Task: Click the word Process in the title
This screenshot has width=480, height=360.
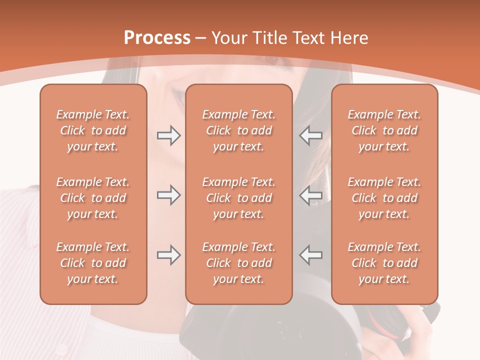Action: [157, 38]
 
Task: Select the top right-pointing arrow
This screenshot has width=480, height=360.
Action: [168, 135]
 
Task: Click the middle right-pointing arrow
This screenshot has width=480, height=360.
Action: [168, 195]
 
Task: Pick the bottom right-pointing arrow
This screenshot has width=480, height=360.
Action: [168, 255]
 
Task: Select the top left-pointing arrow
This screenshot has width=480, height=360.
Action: [311, 135]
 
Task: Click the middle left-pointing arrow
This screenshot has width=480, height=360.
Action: [311, 195]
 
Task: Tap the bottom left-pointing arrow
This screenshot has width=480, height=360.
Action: [311, 255]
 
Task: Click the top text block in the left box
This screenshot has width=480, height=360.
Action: [93, 130]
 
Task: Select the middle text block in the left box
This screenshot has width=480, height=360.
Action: [93, 198]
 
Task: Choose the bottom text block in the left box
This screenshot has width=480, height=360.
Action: [93, 263]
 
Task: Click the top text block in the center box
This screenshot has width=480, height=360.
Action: [238, 130]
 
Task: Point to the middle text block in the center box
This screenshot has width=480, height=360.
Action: [238, 198]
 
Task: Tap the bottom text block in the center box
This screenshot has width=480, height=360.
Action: [238, 263]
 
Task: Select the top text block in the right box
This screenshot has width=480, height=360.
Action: [384, 130]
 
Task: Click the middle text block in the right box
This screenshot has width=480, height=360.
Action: [384, 198]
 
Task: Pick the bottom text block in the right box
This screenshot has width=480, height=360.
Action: [384, 263]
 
